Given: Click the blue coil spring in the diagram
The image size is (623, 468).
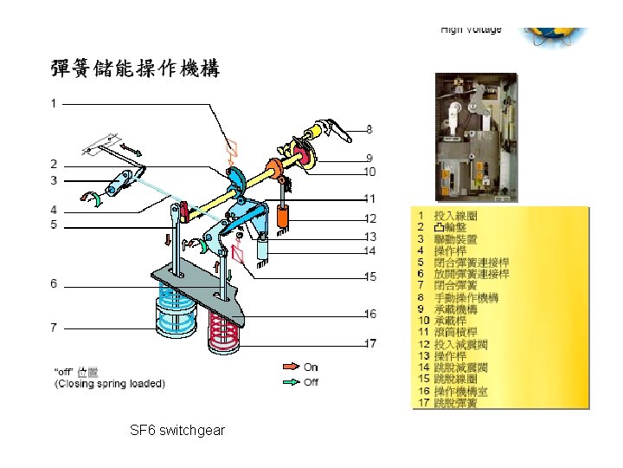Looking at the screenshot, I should (x=176, y=312).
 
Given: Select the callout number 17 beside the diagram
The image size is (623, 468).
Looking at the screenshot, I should (x=369, y=344).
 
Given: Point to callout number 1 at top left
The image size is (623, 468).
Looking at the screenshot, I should (x=54, y=104).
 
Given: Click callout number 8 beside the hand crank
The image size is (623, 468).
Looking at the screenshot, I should (x=369, y=130).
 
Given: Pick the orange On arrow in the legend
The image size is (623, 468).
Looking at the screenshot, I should (x=289, y=367).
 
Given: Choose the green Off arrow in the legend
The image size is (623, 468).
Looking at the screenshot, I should (x=289, y=381).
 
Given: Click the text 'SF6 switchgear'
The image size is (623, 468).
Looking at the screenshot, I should (x=177, y=430).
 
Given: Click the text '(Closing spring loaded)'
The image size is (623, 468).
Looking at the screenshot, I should (x=109, y=382).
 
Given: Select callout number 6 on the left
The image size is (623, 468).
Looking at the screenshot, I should (x=54, y=283).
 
